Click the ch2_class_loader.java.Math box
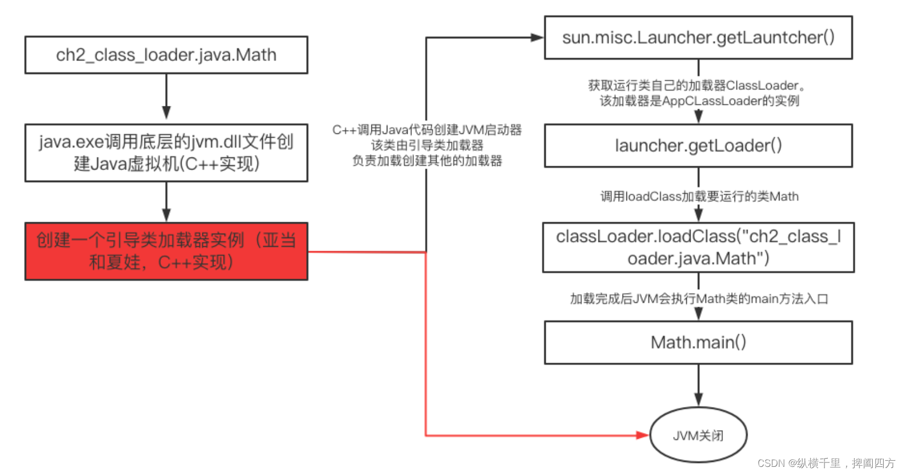[x=166, y=55]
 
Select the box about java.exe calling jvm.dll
[x=166, y=153]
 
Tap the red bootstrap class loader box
[x=166, y=251]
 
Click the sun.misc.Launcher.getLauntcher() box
[x=698, y=37]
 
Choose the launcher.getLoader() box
[x=698, y=145]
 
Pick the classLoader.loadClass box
[x=698, y=247]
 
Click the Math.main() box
[x=698, y=342]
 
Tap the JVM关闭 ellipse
[x=698, y=435]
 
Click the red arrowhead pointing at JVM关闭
[x=642, y=435]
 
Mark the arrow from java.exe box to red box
[x=166, y=201]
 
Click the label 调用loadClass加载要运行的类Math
[x=699, y=196]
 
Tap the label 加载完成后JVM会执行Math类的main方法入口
[x=699, y=298]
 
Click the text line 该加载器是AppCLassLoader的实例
[x=699, y=101]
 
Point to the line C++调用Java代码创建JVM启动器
[x=427, y=130]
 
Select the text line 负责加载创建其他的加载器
[x=427, y=161]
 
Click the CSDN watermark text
[x=826, y=463]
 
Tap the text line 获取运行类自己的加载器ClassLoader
[x=697, y=86]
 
